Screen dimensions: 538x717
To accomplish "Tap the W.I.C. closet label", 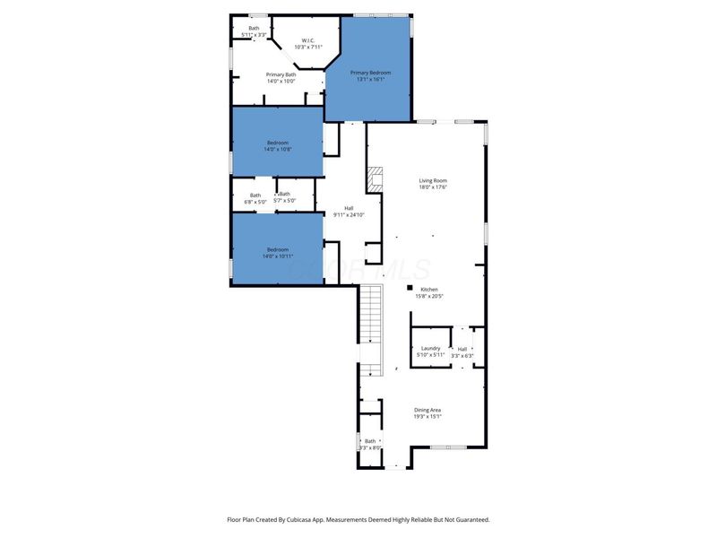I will pyautogui.click(x=307, y=43).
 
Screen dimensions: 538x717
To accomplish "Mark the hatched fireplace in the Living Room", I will pyautogui.click(x=375, y=178).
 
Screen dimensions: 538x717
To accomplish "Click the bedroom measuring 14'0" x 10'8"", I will pyautogui.click(x=277, y=145).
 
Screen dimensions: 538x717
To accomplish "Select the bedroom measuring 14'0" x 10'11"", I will pyautogui.click(x=277, y=252).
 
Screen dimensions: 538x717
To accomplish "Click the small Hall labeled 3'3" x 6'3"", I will pyautogui.click(x=462, y=352).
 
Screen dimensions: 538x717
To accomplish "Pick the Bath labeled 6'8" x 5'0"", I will pyautogui.click(x=255, y=198).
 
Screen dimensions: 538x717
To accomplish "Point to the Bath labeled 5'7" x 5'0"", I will pyautogui.click(x=284, y=197).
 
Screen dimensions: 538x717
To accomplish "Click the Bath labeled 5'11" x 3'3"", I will pyautogui.click(x=253, y=31).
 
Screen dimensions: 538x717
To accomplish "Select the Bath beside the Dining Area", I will pyautogui.click(x=370, y=444).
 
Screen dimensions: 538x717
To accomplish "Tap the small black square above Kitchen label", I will pyautogui.click(x=410, y=288).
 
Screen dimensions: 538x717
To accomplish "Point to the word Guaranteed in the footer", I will pyautogui.click(x=469, y=519).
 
